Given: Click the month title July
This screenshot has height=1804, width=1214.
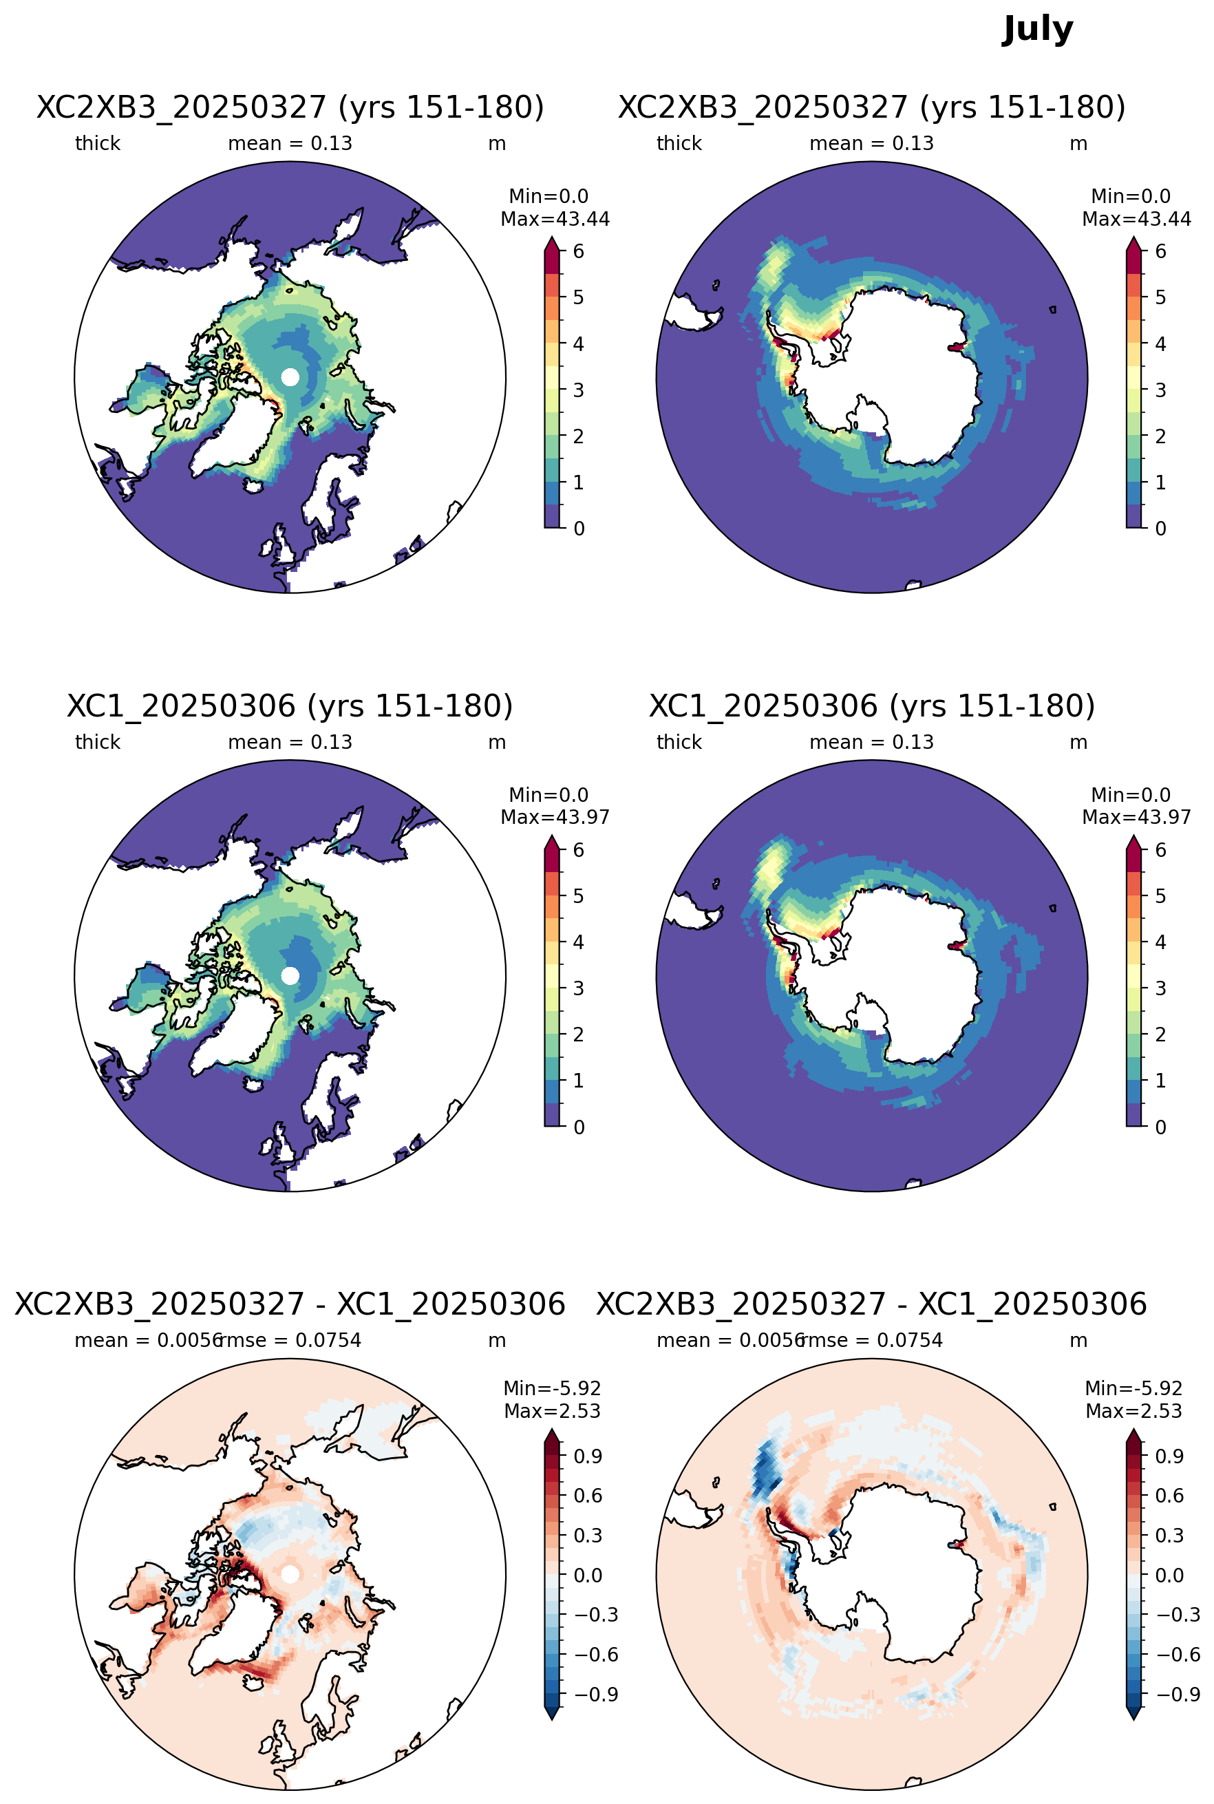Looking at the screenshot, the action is (1038, 30).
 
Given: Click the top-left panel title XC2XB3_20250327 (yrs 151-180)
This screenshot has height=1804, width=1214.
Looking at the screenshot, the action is (290, 107).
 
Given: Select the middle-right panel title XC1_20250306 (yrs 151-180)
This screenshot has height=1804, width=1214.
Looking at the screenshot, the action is (872, 705).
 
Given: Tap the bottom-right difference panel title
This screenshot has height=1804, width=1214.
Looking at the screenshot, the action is (872, 1304).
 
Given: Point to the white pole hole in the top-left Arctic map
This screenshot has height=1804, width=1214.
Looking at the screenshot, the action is (290, 377).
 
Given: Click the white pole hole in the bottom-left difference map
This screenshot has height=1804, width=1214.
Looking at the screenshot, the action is (290, 1574).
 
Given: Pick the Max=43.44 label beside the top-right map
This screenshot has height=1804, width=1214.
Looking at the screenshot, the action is (1137, 219).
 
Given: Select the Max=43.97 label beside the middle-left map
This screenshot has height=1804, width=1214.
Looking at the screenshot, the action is (555, 817).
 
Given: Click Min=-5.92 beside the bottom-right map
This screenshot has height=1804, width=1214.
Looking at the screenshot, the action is (1133, 1388).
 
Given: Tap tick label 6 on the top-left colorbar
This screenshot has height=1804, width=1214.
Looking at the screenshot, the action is (578, 251).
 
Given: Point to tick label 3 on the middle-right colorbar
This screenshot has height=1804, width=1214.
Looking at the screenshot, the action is (1160, 988).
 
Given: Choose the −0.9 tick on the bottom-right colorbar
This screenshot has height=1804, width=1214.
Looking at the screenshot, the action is (1178, 1694).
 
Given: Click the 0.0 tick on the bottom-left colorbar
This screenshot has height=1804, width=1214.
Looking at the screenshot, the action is (588, 1575).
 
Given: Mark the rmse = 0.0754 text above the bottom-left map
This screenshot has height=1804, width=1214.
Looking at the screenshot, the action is (291, 1340).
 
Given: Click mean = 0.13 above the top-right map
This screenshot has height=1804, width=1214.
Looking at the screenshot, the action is (872, 143).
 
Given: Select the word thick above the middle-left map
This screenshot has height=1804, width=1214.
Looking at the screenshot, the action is (98, 742).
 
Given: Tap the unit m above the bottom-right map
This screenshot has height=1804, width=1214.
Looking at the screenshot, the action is (1078, 1340).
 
